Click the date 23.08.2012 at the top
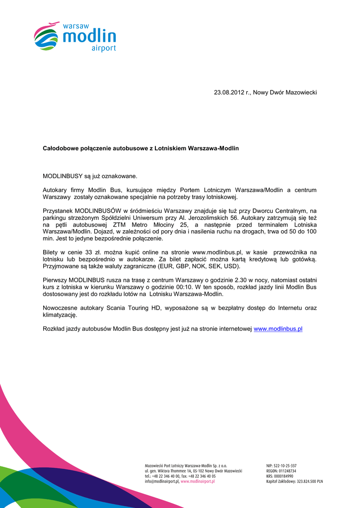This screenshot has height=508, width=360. coord(229,93)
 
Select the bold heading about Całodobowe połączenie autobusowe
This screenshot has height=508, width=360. coord(141,148)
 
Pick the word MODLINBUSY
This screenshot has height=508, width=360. coord(63,176)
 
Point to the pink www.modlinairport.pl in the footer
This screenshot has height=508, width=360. coord(198,481)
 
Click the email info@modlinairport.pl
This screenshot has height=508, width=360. coord(161,481)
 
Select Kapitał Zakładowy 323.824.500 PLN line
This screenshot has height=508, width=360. coord(294,481)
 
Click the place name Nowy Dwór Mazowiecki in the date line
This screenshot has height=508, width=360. coord(285,93)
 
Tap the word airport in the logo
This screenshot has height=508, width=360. coord(104,48)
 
